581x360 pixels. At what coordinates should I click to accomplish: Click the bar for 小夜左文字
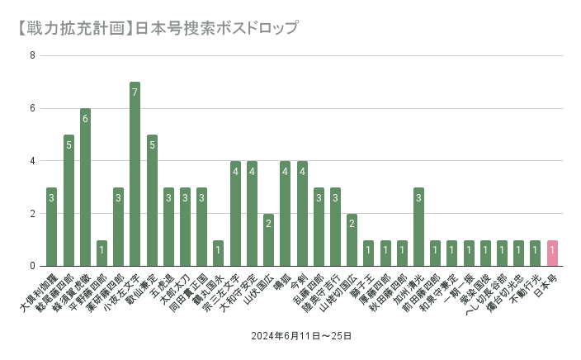pyautogui.click(x=135, y=174)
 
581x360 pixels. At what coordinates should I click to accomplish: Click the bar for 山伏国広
pyautogui.click(x=268, y=240)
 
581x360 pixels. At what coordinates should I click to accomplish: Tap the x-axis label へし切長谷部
pyautogui.click(x=486, y=294)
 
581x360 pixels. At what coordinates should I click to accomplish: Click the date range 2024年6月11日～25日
pyautogui.click(x=302, y=336)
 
